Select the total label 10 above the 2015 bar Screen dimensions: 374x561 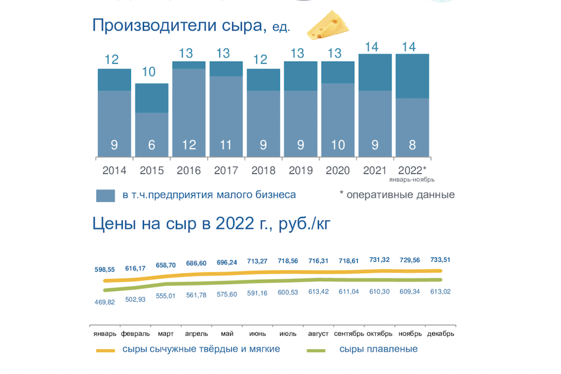pos(149,72)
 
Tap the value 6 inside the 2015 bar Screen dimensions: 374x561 pos(151,145)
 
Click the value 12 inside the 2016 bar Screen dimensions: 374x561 pos(189,145)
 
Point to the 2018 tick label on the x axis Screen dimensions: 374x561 pos(263,170)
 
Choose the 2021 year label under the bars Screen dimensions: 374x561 pos(375,170)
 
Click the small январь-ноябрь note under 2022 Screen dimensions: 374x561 pos(411,180)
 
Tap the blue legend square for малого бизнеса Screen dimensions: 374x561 pos(105,195)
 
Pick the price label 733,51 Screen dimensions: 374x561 pos(441,260)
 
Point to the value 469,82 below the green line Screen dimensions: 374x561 pos(105,302)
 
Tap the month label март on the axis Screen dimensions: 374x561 pos(166,333)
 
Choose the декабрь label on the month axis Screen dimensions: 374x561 pos(441,333)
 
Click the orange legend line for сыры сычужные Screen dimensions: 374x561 pos(106,350)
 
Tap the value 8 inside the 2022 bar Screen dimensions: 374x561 pos(412,145)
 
